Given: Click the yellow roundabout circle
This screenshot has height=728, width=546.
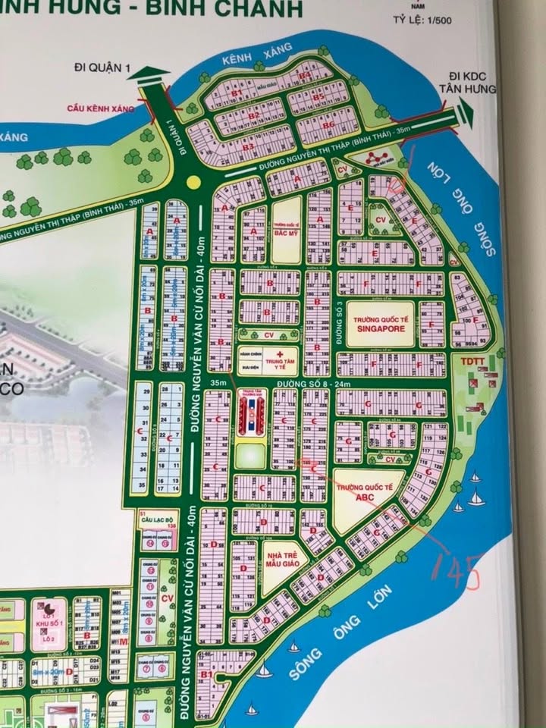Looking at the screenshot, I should pos(194,182).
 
